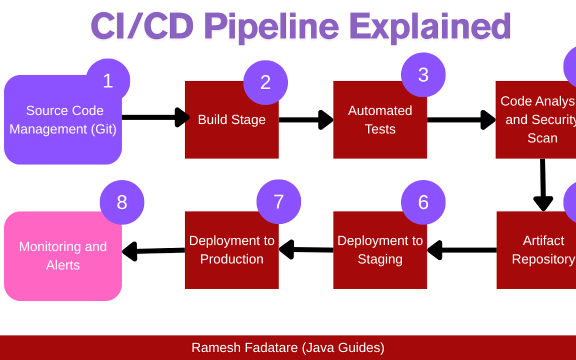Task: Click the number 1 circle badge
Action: pos(108,81)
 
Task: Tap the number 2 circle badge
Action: pos(265,82)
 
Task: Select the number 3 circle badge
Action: pos(423,75)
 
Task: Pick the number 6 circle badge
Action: pos(423,202)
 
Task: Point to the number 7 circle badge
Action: pos(278,202)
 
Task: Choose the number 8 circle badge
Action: pos(122,203)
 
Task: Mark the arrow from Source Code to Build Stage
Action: pos(155,117)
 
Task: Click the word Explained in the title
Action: pos(430,26)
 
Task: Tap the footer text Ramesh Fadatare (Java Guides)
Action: pos(288,348)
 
